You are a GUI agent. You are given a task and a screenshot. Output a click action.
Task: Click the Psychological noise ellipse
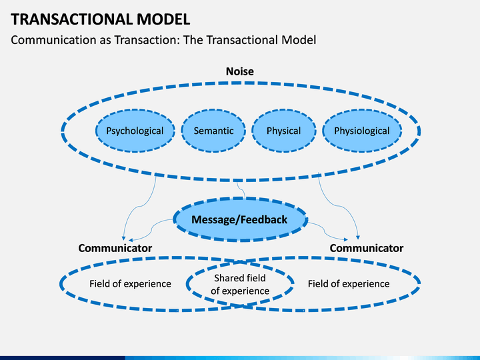point(135,131)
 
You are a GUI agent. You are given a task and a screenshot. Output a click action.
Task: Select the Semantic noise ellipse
point(213,131)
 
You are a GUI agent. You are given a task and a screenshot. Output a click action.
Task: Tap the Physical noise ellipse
point(284,131)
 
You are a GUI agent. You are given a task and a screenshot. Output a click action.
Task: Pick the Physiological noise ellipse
point(362,131)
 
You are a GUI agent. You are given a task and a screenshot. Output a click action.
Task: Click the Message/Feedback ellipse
point(240,219)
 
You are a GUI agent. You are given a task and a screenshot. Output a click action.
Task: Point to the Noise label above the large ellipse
point(240,71)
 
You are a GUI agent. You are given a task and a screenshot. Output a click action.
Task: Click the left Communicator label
point(115,248)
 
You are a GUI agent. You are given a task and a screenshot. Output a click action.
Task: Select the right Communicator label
point(367,248)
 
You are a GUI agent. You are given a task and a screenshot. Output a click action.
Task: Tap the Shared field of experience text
point(240,285)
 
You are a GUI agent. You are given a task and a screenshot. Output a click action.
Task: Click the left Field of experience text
point(130,284)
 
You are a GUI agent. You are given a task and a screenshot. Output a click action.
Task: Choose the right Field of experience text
point(349,284)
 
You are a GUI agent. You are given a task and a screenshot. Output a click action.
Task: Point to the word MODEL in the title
point(163,19)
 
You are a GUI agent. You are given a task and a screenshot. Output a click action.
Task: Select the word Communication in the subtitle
point(53,40)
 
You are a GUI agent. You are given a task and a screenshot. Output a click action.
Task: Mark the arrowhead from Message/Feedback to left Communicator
point(131,240)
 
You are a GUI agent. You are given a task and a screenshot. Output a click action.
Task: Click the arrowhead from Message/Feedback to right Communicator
point(345,239)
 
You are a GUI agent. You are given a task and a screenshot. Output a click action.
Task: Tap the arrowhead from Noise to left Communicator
point(123,238)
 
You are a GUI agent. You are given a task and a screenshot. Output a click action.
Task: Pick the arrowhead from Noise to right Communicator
point(358,237)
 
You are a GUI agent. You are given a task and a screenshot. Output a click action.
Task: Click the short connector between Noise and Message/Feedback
point(241,190)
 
